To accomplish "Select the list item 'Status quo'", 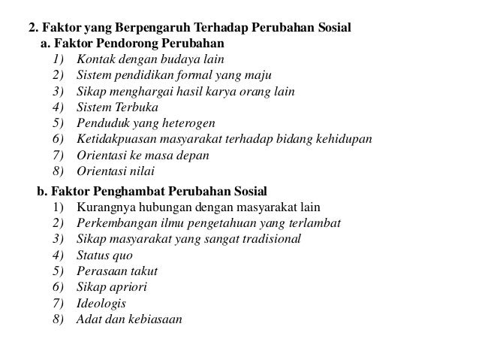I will tap(104, 255).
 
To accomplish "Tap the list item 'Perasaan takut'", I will tap(116, 271).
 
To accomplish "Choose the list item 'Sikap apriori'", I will tap(111, 286).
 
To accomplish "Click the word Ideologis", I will tap(101, 302).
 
